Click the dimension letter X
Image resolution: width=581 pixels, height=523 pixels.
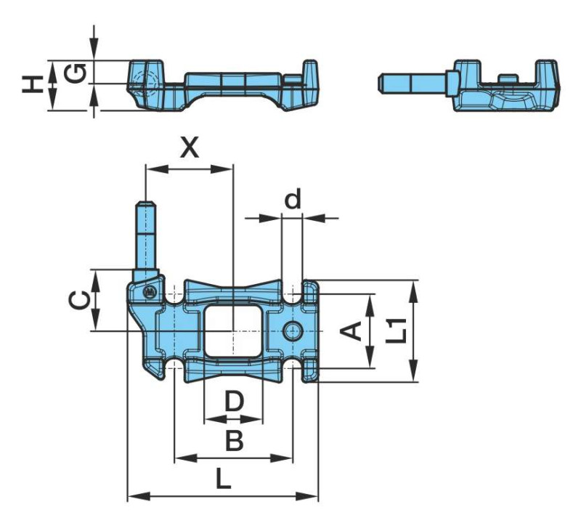pos(190,147)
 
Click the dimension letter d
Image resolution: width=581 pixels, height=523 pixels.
pos(292,200)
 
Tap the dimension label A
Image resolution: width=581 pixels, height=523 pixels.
pos(352,331)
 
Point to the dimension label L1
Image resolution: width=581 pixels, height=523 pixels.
pos(396,331)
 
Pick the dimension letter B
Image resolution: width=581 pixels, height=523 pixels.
pos(233,440)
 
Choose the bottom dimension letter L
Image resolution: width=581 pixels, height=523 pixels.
pos(224,479)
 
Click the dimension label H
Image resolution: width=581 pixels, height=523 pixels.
pos(31,86)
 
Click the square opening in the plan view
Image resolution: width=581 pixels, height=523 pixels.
pos(232,331)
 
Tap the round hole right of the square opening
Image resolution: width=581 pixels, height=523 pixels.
pos(293,331)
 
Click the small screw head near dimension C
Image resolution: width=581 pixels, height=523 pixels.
pos(149,292)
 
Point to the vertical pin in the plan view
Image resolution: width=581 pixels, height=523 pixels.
pos(145,236)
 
